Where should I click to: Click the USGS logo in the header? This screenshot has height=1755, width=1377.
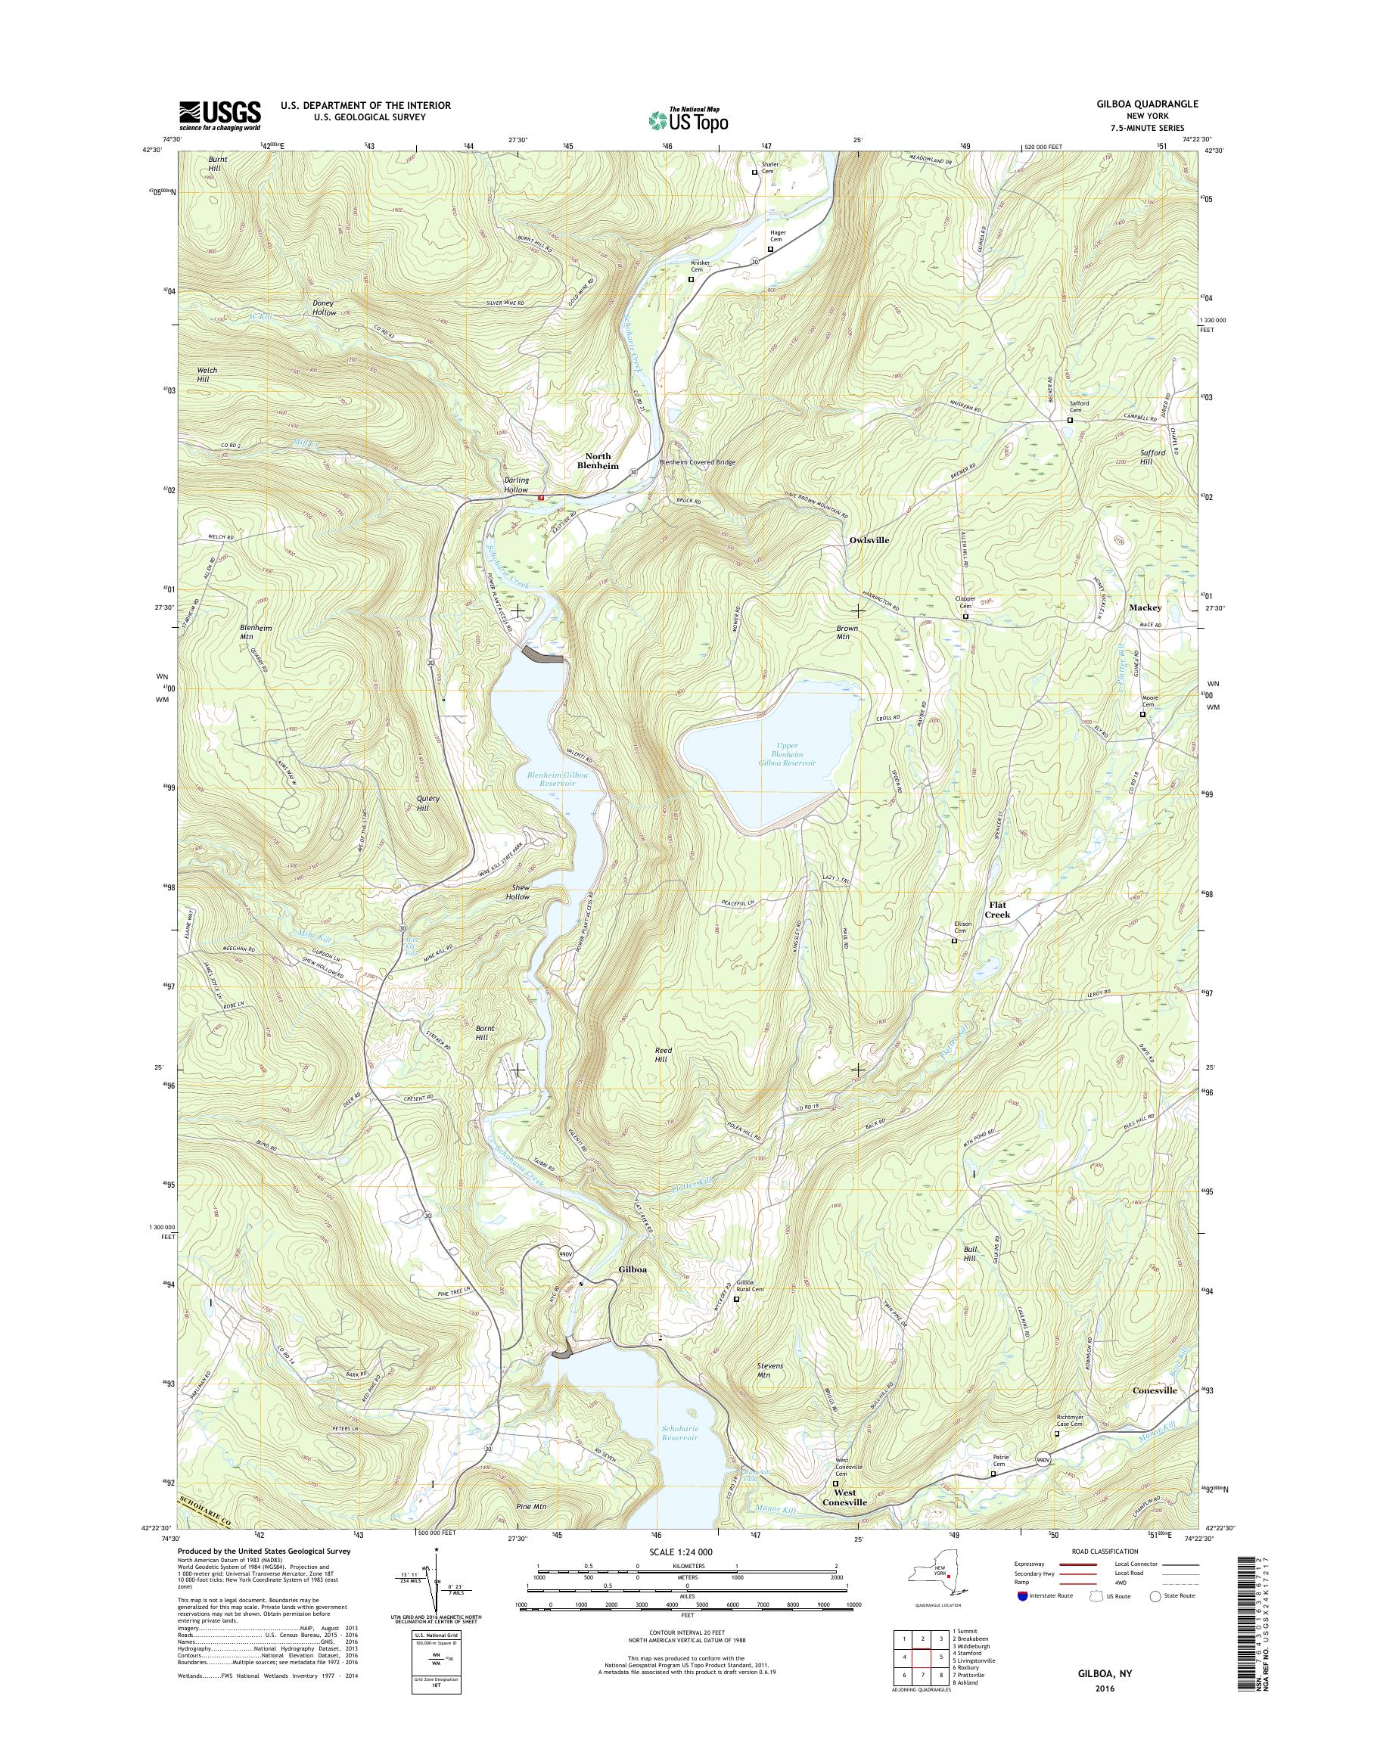[219, 115]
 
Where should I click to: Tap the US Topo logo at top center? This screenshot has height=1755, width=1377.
[688, 119]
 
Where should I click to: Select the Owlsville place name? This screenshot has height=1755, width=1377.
[869, 539]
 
